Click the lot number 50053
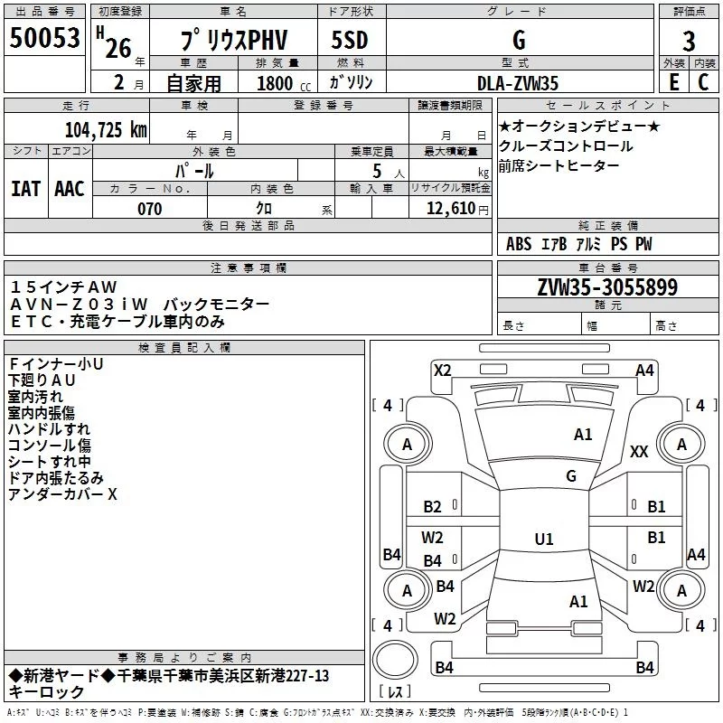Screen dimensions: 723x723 coord(44,38)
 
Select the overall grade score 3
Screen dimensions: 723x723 coord(689,42)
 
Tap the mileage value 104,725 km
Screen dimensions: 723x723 coord(106,130)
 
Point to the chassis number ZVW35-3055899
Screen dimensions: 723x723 coord(607,287)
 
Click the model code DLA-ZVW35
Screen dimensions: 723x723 coord(518,83)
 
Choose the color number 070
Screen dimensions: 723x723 coord(150,209)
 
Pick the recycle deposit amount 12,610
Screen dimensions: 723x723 coord(450,209)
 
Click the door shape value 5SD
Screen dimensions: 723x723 coord(350,40)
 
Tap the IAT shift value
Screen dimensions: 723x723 coord(25,189)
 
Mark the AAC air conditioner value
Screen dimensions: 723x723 coord(70,189)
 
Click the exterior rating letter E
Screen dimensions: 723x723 coord(673,82)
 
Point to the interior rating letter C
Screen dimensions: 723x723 coord(703,82)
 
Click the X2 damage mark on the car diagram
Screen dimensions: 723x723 coord(443,370)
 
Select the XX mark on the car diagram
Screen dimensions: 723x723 coord(639,452)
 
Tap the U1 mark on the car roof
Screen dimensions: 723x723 coord(544,539)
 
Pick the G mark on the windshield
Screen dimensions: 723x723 coord(571,475)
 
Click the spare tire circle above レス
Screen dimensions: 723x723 coord(395,660)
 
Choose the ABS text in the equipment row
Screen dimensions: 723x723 coord(519,243)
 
